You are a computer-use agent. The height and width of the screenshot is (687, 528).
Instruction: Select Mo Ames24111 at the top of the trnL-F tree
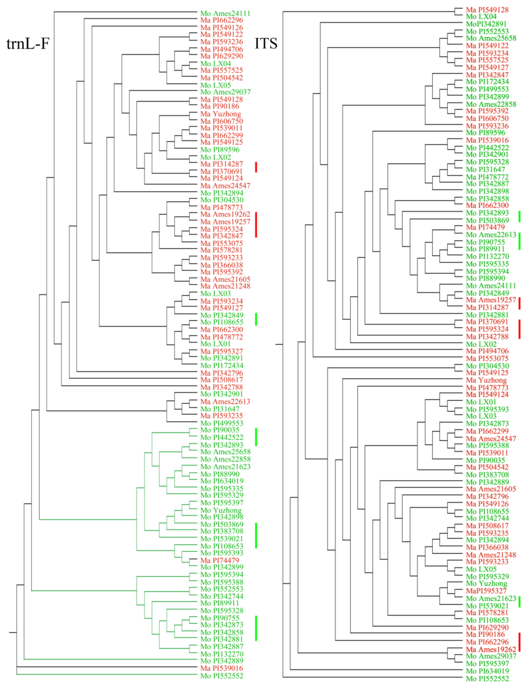click(x=225, y=14)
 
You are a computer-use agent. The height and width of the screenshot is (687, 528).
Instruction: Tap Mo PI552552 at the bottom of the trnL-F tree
click(x=222, y=676)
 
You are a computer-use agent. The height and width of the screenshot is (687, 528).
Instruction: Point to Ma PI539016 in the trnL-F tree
click(x=222, y=668)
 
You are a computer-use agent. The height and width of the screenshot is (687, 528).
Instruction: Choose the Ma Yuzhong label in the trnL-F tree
click(x=221, y=114)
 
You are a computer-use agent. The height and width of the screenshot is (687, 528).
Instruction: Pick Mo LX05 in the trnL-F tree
click(x=216, y=85)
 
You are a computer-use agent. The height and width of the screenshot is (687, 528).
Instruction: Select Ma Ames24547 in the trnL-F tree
click(x=225, y=185)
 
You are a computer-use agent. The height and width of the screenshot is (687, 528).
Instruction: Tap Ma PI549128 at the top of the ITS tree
click(x=487, y=10)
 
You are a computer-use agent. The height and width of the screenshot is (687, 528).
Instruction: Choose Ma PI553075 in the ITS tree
click(x=487, y=358)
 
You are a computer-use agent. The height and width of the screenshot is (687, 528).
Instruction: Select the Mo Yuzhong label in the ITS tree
click(x=486, y=584)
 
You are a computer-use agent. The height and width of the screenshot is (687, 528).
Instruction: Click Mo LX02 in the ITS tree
click(x=481, y=344)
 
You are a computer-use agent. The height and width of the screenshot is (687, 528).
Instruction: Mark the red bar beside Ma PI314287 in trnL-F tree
click(x=256, y=167)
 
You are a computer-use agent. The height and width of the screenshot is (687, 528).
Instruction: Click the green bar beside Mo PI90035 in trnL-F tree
click(x=256, y=437)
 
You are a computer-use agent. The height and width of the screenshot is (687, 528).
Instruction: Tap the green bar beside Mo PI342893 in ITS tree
click(x=520, y=217)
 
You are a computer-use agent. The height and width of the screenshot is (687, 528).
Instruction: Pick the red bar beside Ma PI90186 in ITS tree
click(x=520, y=642)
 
